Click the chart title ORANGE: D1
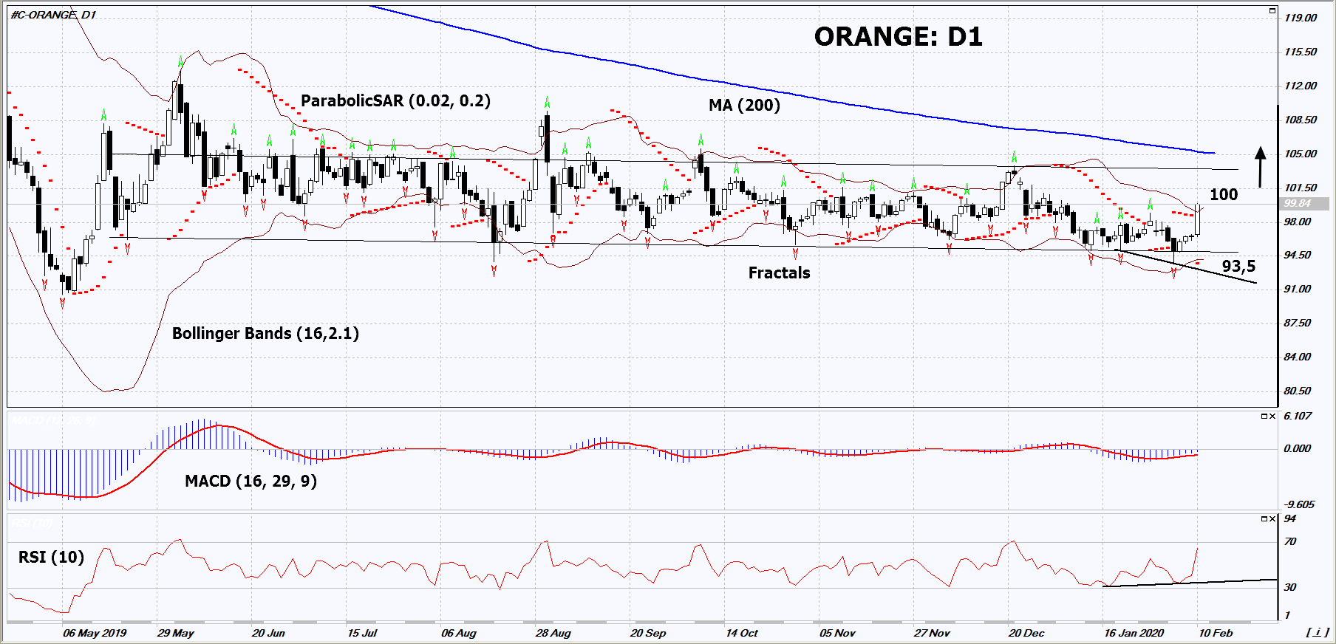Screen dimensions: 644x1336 (898, 37)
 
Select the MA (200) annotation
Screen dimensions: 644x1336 (744, 106)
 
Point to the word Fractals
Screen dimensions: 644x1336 (779, 273)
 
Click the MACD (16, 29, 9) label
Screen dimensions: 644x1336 (250, 482)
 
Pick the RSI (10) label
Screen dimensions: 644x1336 (51, 558)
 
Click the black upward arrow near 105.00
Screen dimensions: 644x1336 (1261, 166)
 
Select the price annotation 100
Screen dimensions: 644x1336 (1223, 195)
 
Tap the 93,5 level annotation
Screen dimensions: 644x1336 (1238, 267)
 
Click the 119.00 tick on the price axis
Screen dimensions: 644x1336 (1300, 18)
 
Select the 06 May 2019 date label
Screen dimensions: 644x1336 (95, 633)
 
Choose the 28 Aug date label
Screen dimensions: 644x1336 (553, 633)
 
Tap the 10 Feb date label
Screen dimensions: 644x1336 (1216, 633)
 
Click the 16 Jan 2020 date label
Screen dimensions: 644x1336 (1134, 633)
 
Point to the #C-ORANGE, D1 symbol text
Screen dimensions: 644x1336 (53, 15)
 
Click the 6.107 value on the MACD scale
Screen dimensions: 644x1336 (1298, 416)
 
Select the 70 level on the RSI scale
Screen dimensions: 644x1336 (1290, 541)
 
